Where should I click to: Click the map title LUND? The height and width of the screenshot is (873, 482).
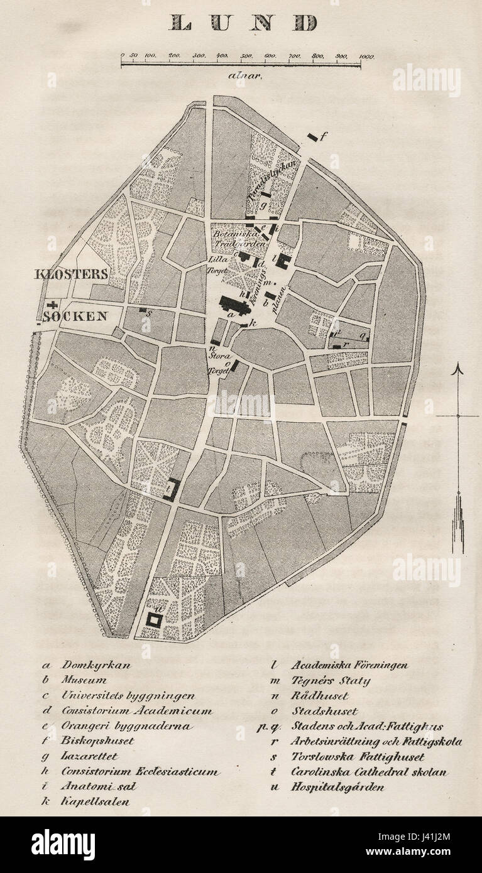pyautogui.click(x=243, y=23)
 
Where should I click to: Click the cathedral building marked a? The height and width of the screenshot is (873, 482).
pyautogui.click(x=233, y=305)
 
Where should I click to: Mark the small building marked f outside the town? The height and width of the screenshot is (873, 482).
pyautogui.click(x=312, y=137)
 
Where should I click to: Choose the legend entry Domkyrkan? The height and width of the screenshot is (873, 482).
pyautogui.click(x=96, y=665)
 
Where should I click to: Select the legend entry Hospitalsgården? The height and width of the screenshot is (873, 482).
pyautogui.click(x=337, y=787)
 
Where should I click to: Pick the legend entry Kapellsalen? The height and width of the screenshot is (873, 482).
pyautogui.click(x=95, y=802)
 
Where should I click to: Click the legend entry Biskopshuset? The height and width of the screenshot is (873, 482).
pyautogui.click(x=97, y=741)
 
